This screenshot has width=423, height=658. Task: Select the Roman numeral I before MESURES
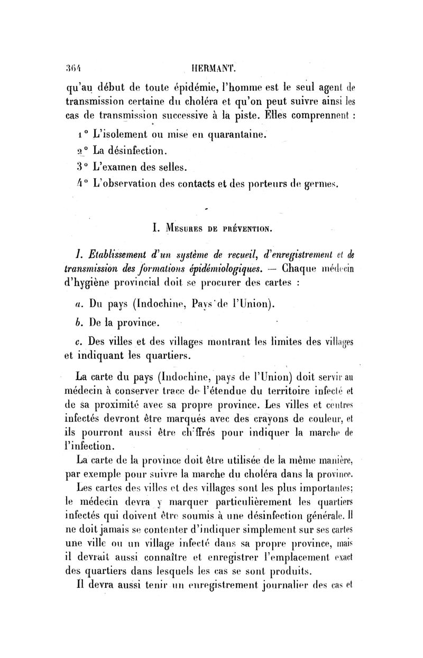click(x=154, y=229)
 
